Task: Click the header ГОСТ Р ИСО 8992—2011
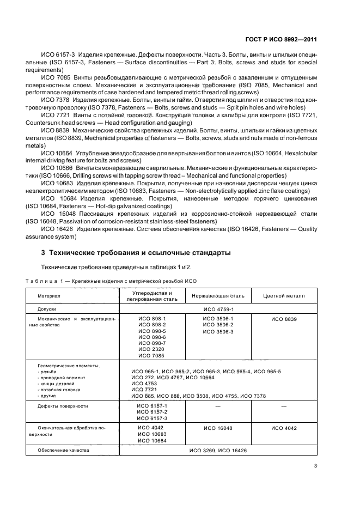pos(282,39)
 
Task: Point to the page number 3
pos(316,465)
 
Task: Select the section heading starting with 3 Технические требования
pos(136,253)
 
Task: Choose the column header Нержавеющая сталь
pos(218,296)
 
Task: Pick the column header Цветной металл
pos(284,296)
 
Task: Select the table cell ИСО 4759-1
pos(217,308)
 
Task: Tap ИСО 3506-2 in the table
pos(218,325)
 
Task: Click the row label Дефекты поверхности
pos(63,406)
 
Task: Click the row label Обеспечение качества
pos(63,451)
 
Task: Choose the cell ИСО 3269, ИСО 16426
pos(218,451)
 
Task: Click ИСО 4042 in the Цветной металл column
pos(284,428)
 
